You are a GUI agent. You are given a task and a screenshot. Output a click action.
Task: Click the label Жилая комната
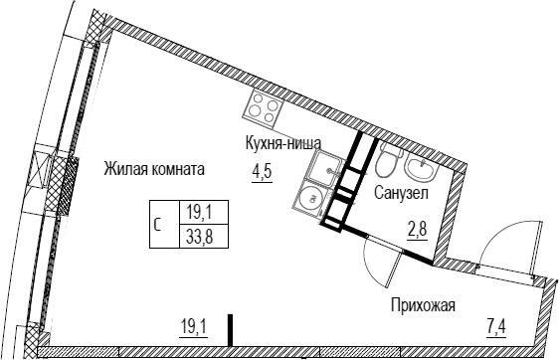pos(154,169)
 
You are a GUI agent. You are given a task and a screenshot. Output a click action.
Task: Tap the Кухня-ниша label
pos(283,143)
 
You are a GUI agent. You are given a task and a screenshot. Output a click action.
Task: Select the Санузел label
pos(401,193)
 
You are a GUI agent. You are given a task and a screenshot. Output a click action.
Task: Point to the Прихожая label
pos(423,305)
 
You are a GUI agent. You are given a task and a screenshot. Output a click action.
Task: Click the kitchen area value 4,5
pos(262,172)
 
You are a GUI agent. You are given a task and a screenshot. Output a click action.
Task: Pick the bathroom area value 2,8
pos(418,230)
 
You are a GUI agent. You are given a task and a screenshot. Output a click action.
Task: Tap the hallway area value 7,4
pos(496,326)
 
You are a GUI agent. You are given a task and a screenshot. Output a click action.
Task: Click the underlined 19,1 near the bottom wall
pos(194,326)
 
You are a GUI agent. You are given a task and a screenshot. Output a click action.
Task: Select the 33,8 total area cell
pos(200,236)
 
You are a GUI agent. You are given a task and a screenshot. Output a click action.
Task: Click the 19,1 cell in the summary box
pos(200,213)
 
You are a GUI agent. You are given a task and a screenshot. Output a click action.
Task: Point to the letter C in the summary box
pos(157,225)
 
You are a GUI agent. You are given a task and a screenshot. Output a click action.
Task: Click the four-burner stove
pos(264,109)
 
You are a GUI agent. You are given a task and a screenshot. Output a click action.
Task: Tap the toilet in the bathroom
pos(389,158)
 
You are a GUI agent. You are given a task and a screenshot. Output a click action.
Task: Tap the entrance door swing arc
pos(495,236)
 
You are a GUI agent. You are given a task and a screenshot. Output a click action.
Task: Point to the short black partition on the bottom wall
pos(231,330)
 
